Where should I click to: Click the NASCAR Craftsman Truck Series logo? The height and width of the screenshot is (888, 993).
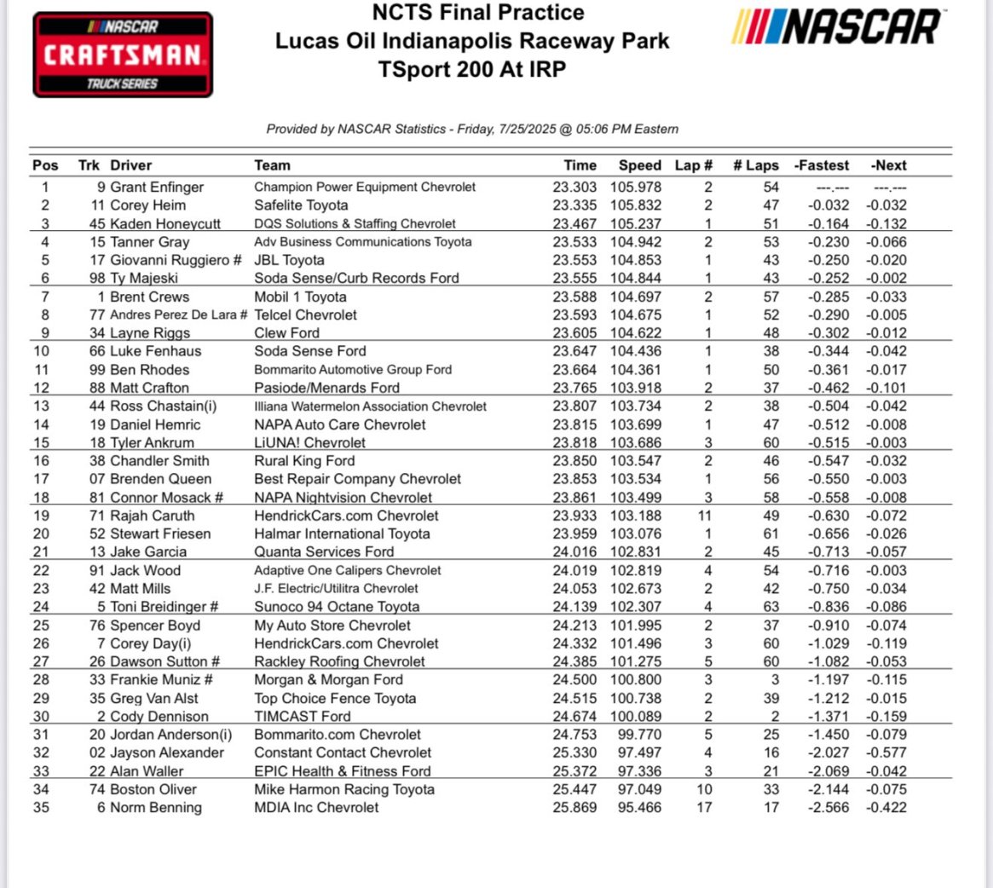click(x=123, y=55)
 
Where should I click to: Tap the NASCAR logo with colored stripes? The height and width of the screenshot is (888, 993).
click(x=838, y=27)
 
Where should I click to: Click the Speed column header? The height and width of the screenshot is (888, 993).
click(x=639, y=165)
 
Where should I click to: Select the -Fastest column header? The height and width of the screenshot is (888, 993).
click(x=822, y=165)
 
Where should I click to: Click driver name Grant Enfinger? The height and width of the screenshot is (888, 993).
click(x=157, y=187)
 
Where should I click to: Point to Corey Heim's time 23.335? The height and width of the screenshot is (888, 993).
click(x=575, y=205)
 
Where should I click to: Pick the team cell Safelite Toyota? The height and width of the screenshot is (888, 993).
click(x=301, y=205)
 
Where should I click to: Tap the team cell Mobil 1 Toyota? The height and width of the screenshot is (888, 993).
click(x=300, y=297)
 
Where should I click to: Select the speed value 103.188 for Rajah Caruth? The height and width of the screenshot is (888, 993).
click(x=636, y=516)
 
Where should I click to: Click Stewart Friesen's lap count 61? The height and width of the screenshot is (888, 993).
click(x=771, y=533)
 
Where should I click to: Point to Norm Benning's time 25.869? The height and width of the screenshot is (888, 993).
click(x=575, y=807)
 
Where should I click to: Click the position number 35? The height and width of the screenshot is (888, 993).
click(x=41, y=807)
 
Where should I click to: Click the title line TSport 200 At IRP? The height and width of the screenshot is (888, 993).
click(x=472, y=69)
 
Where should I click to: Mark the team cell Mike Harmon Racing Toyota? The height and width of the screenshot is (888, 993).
click(x=344, y=789)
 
